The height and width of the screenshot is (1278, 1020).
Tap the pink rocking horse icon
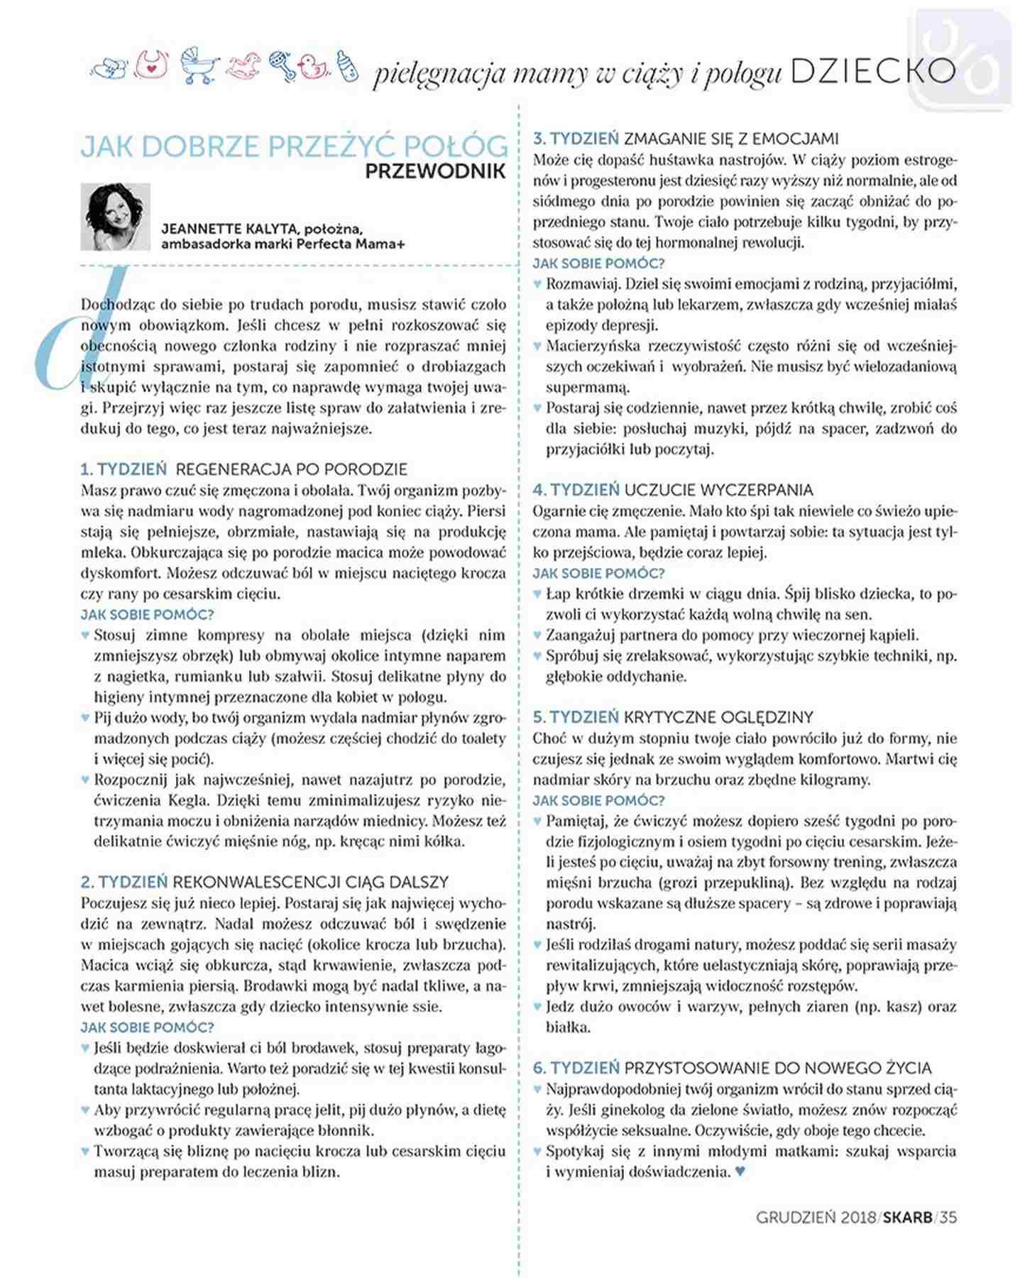243,66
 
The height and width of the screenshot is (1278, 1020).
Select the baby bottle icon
347,66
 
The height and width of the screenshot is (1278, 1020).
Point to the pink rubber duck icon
313,67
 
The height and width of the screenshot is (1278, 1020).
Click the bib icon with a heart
153,65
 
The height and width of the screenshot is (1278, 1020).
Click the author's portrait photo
116,217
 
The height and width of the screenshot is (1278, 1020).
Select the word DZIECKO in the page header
872,71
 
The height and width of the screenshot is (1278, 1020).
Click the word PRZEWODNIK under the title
436,171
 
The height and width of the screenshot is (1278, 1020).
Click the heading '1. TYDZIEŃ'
124,469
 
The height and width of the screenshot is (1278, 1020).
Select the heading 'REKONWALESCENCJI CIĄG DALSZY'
311,883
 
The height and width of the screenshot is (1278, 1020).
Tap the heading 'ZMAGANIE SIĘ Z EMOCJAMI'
731,138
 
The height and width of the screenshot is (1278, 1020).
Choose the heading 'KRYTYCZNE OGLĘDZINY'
718,717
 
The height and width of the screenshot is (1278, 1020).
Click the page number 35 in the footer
948,1217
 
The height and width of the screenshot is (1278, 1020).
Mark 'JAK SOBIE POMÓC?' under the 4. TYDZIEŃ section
598,573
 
